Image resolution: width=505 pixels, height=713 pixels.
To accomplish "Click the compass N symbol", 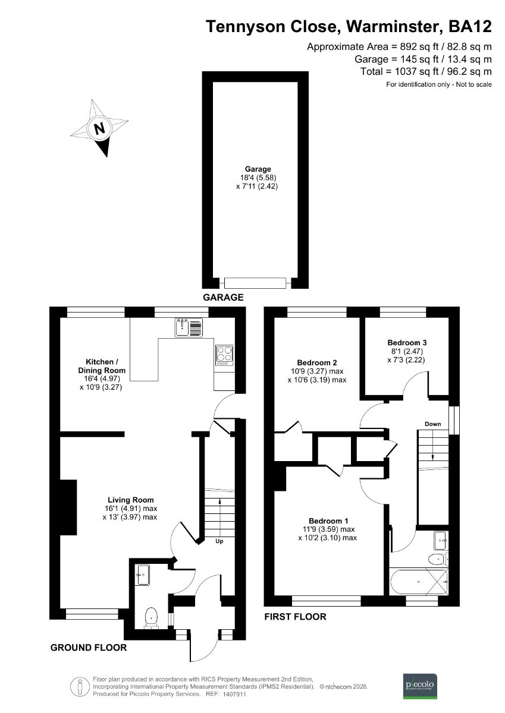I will tap(99, 128).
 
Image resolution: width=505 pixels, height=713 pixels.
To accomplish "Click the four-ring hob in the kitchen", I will tap(224, 355).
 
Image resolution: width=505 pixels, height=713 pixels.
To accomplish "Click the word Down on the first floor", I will tap(432, 424).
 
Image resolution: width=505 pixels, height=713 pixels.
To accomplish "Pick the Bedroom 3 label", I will tap(407, 343).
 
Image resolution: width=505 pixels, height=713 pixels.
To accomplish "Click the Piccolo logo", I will tap(421, 685).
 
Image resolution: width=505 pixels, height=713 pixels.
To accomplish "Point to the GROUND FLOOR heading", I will tap(88, 648).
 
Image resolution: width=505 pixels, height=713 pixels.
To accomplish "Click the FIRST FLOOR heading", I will tap(295, 617).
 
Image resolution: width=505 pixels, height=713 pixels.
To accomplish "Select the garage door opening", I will tap(256, 282).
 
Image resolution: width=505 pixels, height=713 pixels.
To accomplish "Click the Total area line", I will tap(426, 71).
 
